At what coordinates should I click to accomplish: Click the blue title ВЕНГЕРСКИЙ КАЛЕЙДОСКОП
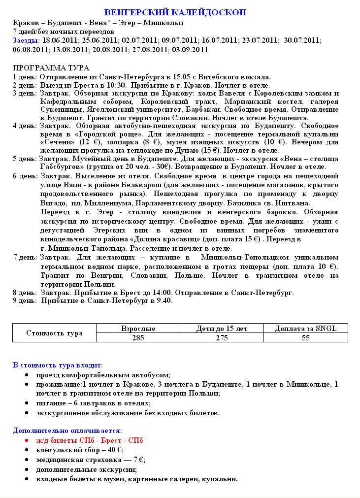[x=175, y=12]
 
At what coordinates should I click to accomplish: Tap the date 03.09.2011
[x=190, y=50]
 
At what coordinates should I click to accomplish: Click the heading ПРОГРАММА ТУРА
[x=51, y=68]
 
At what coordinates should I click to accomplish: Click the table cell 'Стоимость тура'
[x=54, y=333]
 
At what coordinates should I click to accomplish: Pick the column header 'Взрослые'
[x=138, y=329]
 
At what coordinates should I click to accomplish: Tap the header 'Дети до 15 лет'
[x=221, y=329]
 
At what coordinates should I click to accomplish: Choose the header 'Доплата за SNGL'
[x=305, y=329]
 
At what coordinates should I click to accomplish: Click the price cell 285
[x=138, y=338]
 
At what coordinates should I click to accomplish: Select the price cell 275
[x=221, y=338]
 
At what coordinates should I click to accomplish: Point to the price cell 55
[x=305, y=338]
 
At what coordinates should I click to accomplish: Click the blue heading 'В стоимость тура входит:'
[x=58, y=365]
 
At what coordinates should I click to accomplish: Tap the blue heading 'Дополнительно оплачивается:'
[x=64, y=431]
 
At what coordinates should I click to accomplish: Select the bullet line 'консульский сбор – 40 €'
[x=80, y=450]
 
